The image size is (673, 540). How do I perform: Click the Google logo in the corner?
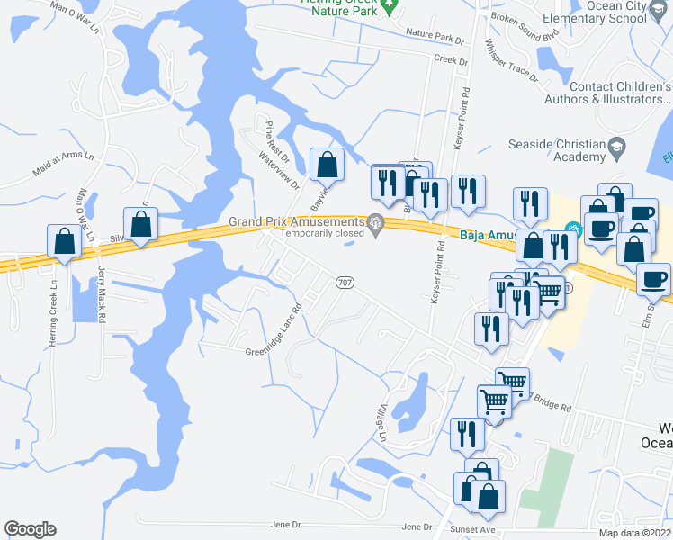click(x=30, y=529)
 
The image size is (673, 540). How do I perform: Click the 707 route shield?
click(x=344, y=283)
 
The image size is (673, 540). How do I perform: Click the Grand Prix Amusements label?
click(x=296, y=221)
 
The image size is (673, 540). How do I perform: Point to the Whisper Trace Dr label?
click(x=510, y=60)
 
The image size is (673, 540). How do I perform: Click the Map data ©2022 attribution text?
click(x=634, y=533)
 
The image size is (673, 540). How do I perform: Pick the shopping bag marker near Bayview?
click(x=327, y=166)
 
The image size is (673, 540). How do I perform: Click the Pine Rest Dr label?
click(x=269, y=139)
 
